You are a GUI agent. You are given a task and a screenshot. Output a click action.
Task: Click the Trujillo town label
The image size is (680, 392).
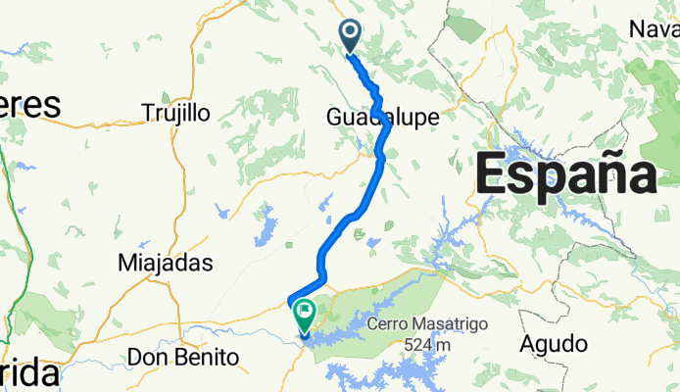pos(176,113)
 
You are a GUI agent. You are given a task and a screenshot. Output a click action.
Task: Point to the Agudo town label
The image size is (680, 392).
pos(554,344)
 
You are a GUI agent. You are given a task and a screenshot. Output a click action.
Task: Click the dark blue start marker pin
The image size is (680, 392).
pos(350,36)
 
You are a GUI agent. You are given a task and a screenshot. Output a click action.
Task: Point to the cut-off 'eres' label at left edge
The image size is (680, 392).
pos(29,105)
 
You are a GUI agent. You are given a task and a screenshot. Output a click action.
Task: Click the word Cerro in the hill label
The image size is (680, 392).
pos(390,324)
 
